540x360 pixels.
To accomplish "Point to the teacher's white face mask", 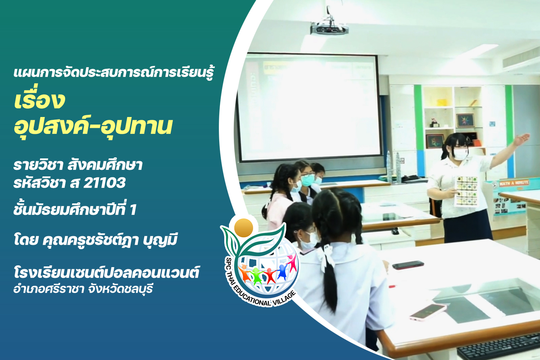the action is click(460, 154).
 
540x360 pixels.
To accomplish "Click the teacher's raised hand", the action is click(522, 139).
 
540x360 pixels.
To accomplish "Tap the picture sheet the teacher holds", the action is click(466, 192).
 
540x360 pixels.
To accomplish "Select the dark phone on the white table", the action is click(408, 265).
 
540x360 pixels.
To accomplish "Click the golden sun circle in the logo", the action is click(244, 228).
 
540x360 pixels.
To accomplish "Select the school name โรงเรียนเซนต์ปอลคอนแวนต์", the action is click(106, 273).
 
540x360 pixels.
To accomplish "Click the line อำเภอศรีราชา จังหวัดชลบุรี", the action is click(83, 289).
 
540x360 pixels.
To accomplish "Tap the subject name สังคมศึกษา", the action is click(105, 165).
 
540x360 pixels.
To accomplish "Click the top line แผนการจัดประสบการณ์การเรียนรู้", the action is click(113, 72).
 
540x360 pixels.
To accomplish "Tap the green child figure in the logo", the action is click(256, 275).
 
